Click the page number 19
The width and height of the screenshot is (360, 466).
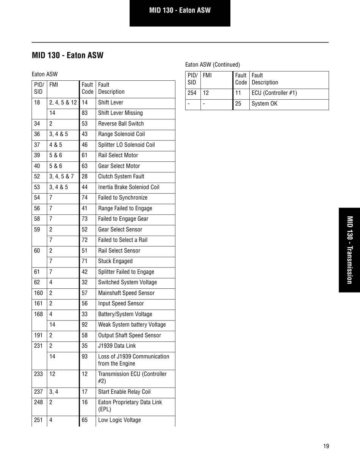click(x=326, y=446)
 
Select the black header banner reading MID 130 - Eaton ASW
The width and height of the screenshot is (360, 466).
click(x=180, y=11)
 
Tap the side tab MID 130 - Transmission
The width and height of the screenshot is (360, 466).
click(x=349, y=250)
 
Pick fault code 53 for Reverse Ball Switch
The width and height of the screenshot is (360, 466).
click(x=85, y=124)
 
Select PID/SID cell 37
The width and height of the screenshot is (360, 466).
click(x=37, y=145)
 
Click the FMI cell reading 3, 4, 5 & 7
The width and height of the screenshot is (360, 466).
click(x=61, y=177)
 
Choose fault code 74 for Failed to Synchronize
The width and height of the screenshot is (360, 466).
click(x=85, y=198)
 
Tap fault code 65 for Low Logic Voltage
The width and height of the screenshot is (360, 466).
click(x=85, y=420)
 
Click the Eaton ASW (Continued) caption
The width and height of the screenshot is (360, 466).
click(x=212, y=64)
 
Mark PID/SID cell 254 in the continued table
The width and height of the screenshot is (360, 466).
click(x=192, y=93)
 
